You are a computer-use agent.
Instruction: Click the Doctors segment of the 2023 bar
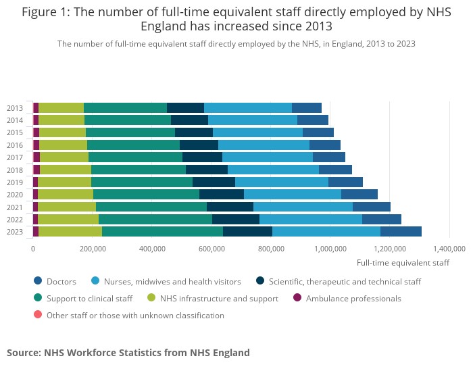[x=401, y=232]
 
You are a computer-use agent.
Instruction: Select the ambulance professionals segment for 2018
[x=36, y=170]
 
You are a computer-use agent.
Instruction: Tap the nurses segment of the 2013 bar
[x=248, y=107]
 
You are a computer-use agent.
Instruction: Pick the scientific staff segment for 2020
[x=222, y=195]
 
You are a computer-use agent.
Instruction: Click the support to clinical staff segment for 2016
[x=133, y=145]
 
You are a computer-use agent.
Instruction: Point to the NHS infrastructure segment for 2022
[x=68, y=219]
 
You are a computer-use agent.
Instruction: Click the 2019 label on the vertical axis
[x=15, y=182]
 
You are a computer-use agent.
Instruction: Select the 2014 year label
[x=15, y=120]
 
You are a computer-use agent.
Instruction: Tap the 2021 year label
[x=15, y=207]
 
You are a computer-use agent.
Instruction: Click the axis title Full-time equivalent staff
[x=403, y=262]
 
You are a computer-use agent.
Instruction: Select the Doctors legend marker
[x=38, y=281]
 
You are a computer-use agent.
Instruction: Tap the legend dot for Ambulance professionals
[x=297, y=298]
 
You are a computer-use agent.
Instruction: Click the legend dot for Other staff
[x=38, y=315]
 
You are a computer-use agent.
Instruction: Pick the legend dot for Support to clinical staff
[x=38, y=298]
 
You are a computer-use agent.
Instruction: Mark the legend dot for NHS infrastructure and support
[x=153, y=298]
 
